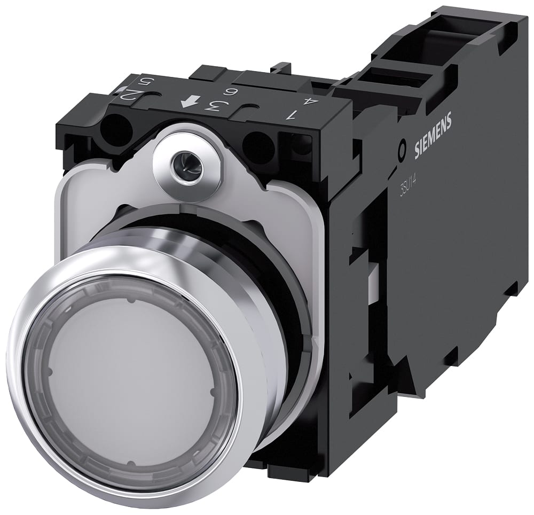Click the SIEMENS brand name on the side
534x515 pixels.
click(434, 136)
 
